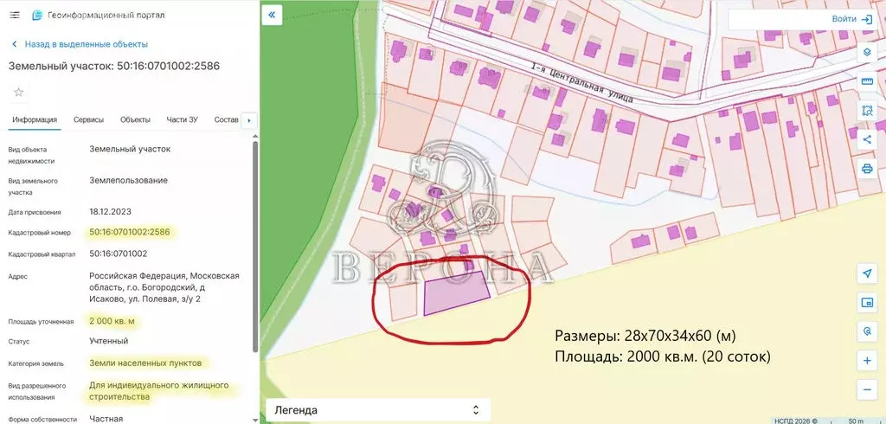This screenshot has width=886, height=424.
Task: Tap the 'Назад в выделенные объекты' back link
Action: pyautogui.click(x=86, y=44)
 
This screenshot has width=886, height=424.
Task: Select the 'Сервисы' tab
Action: pyautogui.click(x=88, y=119)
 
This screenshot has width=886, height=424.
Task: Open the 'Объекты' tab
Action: pyautogui.click(x=135, y=119)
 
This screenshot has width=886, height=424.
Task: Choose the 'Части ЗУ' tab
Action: pyautogui.click(x=182, y=119)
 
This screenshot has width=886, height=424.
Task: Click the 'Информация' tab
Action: pyautogui.click(x=35, y=119)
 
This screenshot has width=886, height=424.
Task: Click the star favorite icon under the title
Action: pyautogui.click(x=18, y=92)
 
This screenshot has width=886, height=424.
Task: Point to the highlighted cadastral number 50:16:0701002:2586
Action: pyautogui.click(x=130, y=232)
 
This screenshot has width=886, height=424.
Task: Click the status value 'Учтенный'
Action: pyautogui.click(x=109, y=341)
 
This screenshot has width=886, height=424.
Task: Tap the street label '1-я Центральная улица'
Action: pyautogui.click(x=582, y=84)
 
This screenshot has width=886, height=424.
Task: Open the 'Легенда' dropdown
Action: pyautogui.click(x=376, y=409)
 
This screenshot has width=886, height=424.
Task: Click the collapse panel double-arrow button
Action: pyautogui.click(x=272, y=16)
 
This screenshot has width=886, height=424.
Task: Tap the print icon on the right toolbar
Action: pyautogui.click(x=867, y=168)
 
